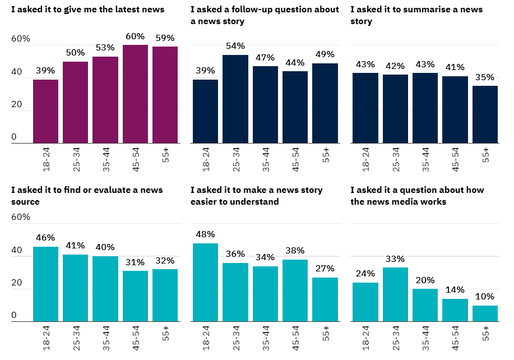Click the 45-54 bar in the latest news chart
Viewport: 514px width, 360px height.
click(x=135, y=94)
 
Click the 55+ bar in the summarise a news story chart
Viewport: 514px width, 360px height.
click(x=485, y=114)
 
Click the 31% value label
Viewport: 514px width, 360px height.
click(x=135, y=262)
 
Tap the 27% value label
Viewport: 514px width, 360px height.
click(x=325, y=268)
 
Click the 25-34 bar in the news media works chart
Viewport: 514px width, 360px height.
click(x=395, y=294)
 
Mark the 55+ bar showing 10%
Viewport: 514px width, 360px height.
click(x=485, y=313)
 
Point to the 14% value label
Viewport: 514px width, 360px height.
click(x=455, y=289)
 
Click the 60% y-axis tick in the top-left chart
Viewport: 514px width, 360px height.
click(x=21, y=39)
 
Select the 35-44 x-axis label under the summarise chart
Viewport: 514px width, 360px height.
click(x=425, y=159)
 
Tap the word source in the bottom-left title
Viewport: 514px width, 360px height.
click(x=25, y=201)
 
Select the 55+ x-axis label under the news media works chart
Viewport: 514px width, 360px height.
click(x=485, y=333)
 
